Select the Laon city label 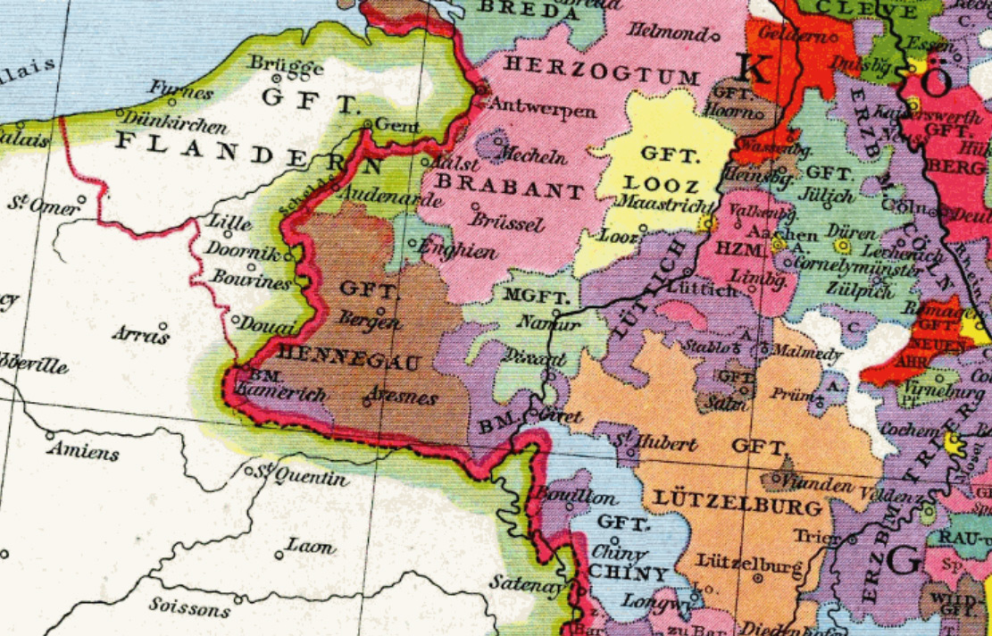click(x=310, y=546)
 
